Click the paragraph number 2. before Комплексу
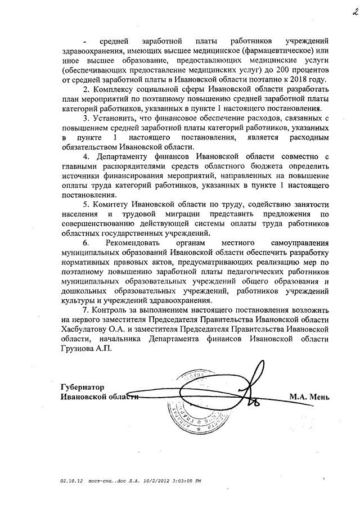86,89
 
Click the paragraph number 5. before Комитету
86,205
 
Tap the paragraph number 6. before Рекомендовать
86,243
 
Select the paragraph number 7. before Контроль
85,310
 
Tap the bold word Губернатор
83,387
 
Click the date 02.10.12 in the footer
71,481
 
